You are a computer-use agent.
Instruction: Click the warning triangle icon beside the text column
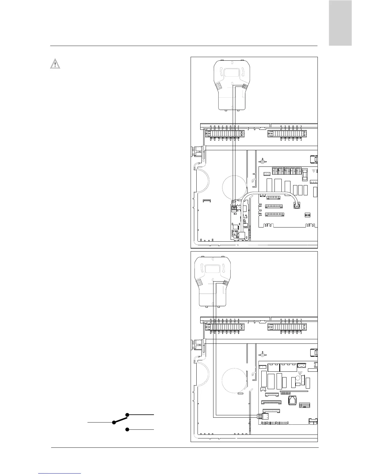tap(55, 64)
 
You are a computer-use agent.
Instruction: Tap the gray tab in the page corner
tap(340, 23)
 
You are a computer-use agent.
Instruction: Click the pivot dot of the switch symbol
tap(114, 423)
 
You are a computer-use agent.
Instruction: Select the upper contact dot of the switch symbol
tap(127, 415)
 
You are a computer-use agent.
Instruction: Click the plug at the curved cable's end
tap(296, 205)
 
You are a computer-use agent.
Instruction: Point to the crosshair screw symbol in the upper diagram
tap(262, 160)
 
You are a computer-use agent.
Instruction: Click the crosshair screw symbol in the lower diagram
tap(262, 354)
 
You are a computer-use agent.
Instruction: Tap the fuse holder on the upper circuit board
tap(305, 174)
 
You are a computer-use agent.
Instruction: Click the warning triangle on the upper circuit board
tap(314, 171)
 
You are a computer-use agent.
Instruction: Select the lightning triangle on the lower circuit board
tap(300, 373)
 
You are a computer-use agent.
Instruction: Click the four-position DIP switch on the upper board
tap(307, 215)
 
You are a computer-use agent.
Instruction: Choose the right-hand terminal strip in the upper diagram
tap(287, 134)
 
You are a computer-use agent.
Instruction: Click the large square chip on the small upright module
tap(242, 235)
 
